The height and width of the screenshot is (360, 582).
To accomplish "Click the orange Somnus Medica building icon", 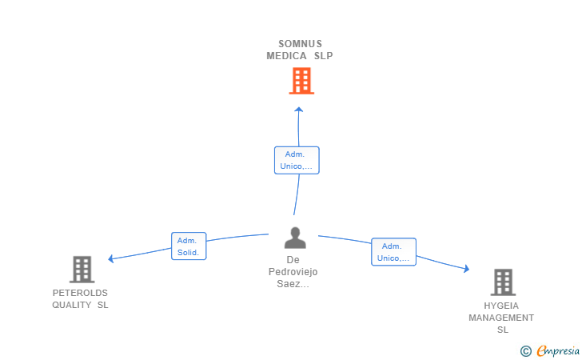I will [301, 81].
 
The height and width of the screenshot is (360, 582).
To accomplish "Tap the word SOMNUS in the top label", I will [300, 44].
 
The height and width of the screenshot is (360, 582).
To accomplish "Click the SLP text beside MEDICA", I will [323, 56].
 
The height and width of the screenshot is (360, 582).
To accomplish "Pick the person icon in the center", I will [295, 238].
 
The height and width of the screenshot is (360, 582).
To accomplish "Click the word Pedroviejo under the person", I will [293, 272].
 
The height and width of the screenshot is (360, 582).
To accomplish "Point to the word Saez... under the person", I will [293, 283].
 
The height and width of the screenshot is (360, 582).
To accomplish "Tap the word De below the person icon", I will [293, 260].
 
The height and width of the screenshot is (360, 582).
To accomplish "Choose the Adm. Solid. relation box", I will [189, 246].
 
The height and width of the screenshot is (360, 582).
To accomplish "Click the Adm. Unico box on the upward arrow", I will [297, 160].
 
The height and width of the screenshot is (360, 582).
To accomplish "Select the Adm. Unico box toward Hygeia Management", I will [393, 252].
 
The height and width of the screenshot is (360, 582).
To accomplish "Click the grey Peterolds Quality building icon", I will [82, 270].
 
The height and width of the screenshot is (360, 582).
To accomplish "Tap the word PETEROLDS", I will [80, 293].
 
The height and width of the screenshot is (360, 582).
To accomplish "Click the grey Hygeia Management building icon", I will [502, 282].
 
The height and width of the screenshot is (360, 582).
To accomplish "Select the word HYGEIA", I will [501, 306].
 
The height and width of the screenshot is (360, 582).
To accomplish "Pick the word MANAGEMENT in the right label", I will [501, 318].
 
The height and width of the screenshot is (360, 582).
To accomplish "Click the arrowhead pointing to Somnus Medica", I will [299, 110].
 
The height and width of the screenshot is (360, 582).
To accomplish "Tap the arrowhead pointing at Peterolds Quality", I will [112, 258].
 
